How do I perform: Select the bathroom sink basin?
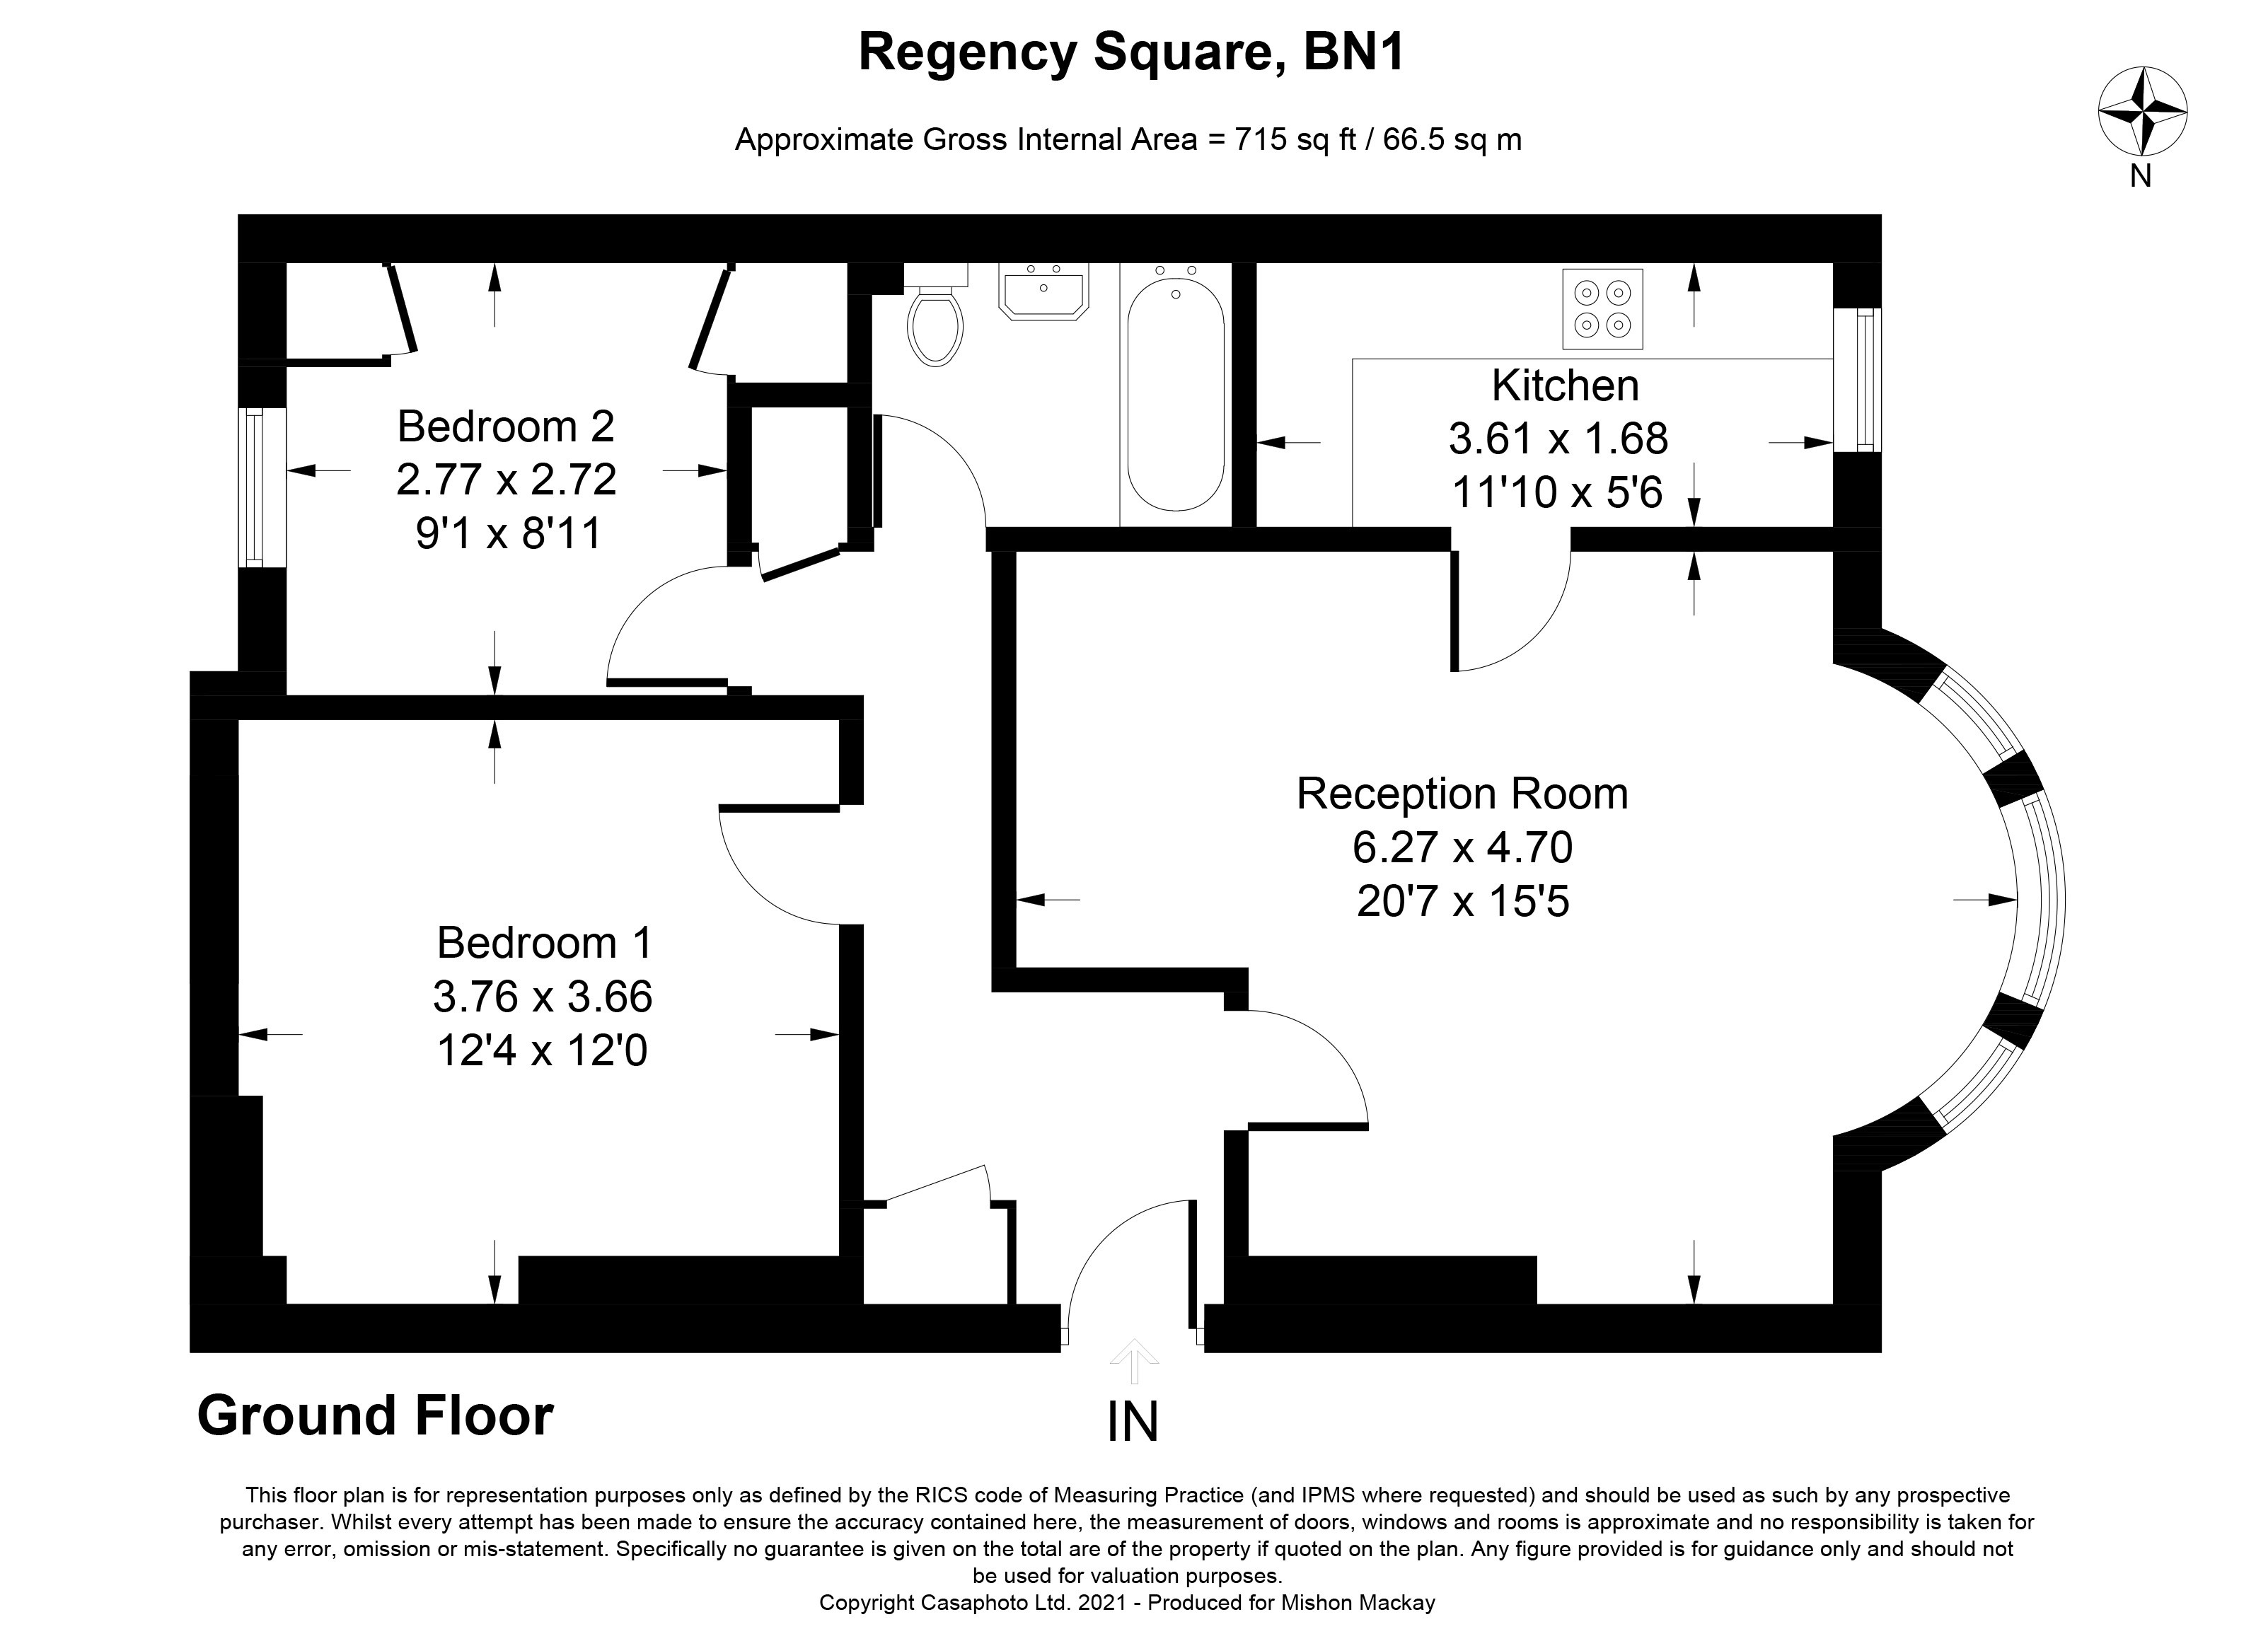[1043, 291]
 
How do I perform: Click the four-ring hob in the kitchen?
[1602, 309]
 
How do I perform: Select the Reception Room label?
[1462, 794]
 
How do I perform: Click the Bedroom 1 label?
[544, 943]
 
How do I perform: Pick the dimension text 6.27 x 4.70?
[1462, 847]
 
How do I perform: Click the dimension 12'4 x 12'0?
[542, 1050]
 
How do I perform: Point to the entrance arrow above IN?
[1133, 1360]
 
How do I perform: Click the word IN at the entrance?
[1133, 1422]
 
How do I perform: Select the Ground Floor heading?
[375, 1415]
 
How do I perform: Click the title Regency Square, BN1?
[1131, 52]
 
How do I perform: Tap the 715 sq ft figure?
[1296, 139]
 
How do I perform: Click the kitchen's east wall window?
[1857, 379]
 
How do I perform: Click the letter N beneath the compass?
[2141, 176]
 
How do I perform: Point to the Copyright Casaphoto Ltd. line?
[1127, 1602]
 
